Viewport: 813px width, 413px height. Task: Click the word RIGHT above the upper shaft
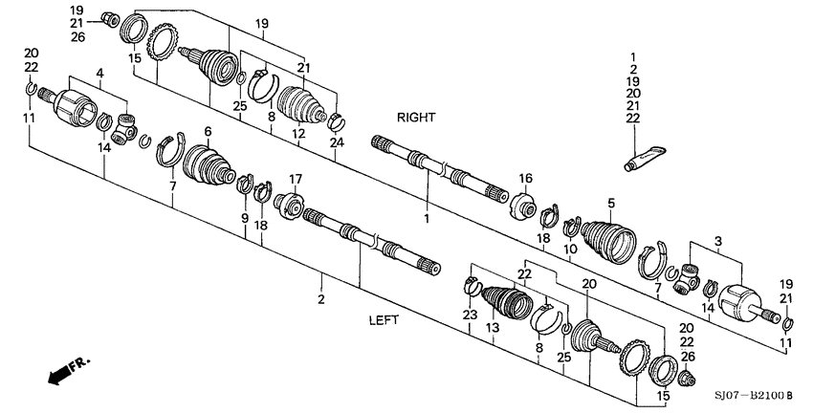click(x=416, y=117)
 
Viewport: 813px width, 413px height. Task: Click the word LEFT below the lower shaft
click(x=383, y=321)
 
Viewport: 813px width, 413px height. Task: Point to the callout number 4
click(x=99, y=73)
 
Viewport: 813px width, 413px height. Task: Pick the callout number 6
click(x=207, y=131)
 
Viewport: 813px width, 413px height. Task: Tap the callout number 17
click(x=296, y=178)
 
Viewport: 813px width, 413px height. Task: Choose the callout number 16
click(x=525, y=179)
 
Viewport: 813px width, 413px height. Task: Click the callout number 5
click(x=609, y=202)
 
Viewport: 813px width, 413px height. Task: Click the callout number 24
click(x=336, y=144)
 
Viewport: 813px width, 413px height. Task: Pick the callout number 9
click(x=245, y=218)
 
